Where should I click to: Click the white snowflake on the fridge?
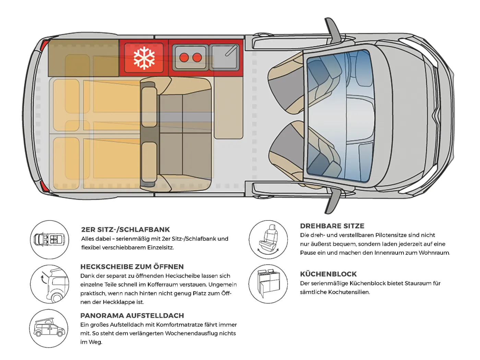tap(144, 58)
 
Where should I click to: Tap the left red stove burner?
tap(184, 58)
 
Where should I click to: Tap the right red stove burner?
tap(197, 58)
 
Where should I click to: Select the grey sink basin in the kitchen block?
tap(224, 57)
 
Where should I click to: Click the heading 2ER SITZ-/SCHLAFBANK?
tap(125, 230)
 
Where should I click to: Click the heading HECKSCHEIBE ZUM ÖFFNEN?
tap(132, 267)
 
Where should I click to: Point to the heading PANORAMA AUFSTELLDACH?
tap(132, 315)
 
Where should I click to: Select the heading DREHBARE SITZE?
tap(332, 226)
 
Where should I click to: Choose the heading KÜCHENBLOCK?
tap(328, 274)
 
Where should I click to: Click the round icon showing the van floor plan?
tap(50, 240)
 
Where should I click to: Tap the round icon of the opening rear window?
tap(50, 284)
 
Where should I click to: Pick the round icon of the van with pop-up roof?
tap(49, 328)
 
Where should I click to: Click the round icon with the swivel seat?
tap(268, 240)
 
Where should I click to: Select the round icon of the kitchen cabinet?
tap(268, 284)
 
